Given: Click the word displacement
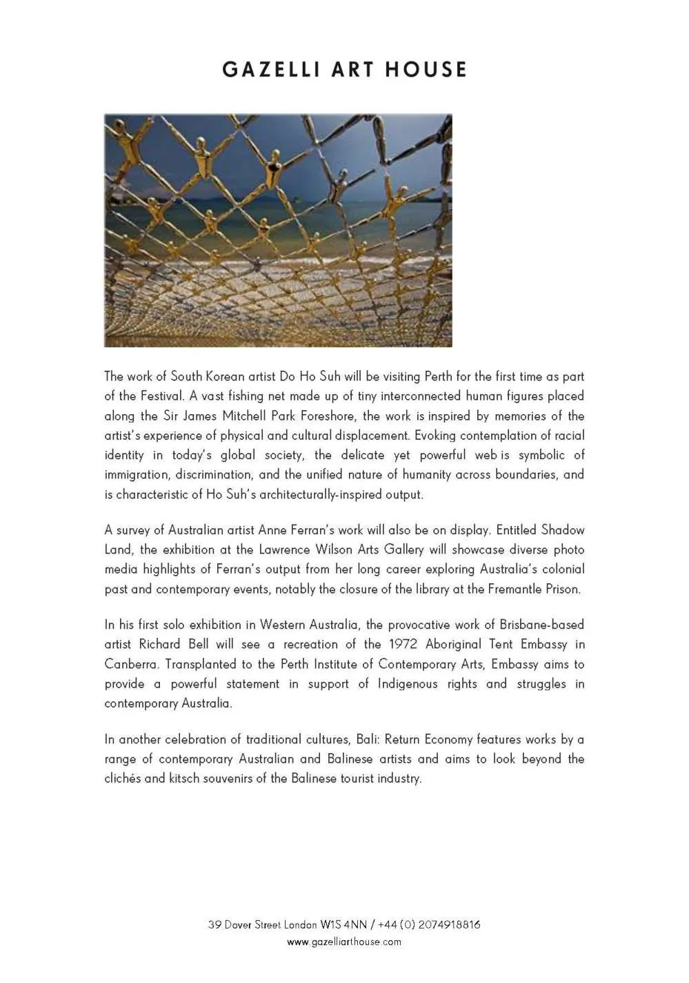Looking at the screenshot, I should (x=372, y=436).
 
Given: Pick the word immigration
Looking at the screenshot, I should (x=137, y=475).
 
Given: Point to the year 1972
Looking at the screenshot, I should (x=403, y=645).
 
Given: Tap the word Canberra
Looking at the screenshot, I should (x=132, y=665).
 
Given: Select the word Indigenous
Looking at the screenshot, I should (x=407, y=684).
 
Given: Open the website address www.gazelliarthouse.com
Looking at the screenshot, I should (x=344, y=942).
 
